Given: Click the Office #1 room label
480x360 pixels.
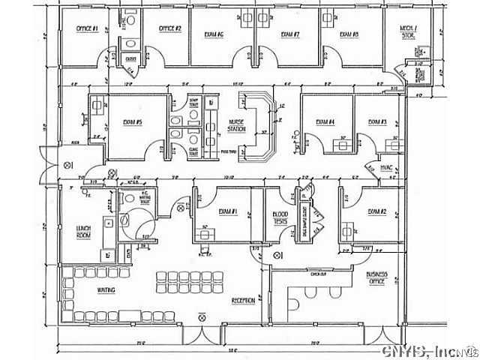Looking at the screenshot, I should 88,28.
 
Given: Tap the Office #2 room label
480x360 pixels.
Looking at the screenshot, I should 169,28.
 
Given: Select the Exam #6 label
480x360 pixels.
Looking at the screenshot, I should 215,34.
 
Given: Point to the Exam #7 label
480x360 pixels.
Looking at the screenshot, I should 291,34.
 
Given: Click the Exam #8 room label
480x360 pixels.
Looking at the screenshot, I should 349,34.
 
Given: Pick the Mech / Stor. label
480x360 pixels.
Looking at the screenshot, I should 409,32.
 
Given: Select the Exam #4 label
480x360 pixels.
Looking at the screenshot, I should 325,121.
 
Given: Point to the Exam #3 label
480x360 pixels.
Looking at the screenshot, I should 377,121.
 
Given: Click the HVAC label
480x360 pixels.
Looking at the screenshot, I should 387,166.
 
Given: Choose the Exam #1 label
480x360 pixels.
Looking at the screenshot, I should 228,212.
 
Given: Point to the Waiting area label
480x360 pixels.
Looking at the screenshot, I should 105,289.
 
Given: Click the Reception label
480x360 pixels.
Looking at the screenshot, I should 242,300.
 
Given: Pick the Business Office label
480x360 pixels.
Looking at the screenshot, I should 376,278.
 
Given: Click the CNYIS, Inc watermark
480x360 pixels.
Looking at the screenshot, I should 429,351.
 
